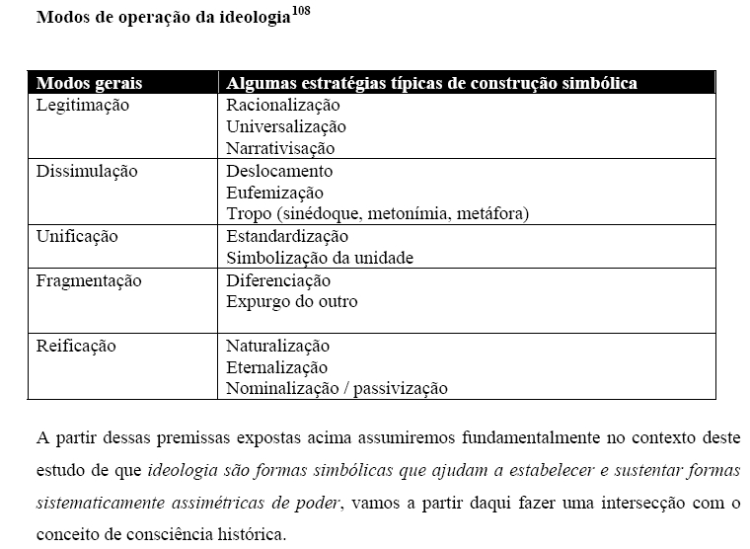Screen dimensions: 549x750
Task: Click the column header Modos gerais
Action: tap(89, 83)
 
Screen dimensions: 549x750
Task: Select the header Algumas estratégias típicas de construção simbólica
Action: tap(431, 83)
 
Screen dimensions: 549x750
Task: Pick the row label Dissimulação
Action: tap(86, 171)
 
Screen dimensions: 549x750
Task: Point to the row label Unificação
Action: tap(76, 237)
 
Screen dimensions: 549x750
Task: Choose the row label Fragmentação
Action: tap(89, 280)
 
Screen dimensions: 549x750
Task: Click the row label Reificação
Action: tap(76, 347)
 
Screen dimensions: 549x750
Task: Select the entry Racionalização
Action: tap(282, 105)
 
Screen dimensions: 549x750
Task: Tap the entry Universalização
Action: tap(286, 126)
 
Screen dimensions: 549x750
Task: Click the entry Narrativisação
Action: tap(280, 149)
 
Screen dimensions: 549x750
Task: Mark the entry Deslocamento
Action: tap(279, 171)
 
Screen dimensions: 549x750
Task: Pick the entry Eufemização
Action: tap(274, 193)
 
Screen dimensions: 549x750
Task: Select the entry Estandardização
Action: tap(287, 237)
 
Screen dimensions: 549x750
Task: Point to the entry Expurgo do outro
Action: tap(291, 302)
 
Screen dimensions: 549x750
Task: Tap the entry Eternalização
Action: tap(276, 367)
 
